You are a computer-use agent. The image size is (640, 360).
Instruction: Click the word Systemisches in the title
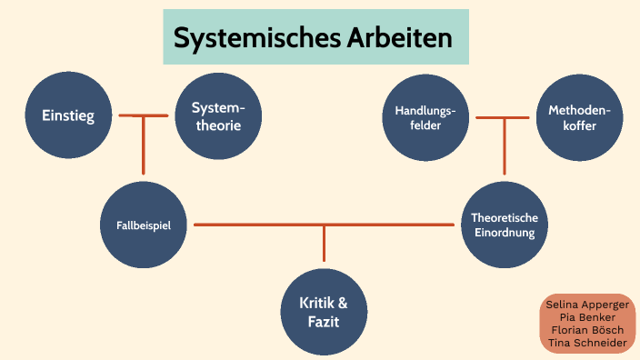pos(256,38)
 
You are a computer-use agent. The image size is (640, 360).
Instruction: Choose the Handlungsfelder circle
pos(425,117)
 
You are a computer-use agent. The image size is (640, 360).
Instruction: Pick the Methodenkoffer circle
pos(578,117)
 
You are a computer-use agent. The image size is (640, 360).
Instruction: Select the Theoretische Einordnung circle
pos(504,225)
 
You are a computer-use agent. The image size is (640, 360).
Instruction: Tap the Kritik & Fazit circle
pos(324,311)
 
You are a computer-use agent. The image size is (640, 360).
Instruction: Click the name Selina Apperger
pos(586,305)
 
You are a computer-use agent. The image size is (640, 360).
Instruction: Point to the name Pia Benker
pos(586,317)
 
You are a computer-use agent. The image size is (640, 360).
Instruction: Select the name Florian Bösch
pos(586,330)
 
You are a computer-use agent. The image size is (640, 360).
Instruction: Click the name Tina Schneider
pos(586,343)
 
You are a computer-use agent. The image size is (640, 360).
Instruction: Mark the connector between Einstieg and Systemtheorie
pos(144,115)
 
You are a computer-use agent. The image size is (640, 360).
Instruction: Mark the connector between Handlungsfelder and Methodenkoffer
pos(503,117)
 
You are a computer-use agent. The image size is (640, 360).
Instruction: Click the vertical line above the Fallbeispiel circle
pos(144,145)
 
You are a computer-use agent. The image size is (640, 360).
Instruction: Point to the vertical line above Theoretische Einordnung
pos(504,147)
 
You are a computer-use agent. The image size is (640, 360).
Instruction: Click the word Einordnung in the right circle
pos(504,233)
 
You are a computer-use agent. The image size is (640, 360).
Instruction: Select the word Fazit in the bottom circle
pos(324,320)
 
